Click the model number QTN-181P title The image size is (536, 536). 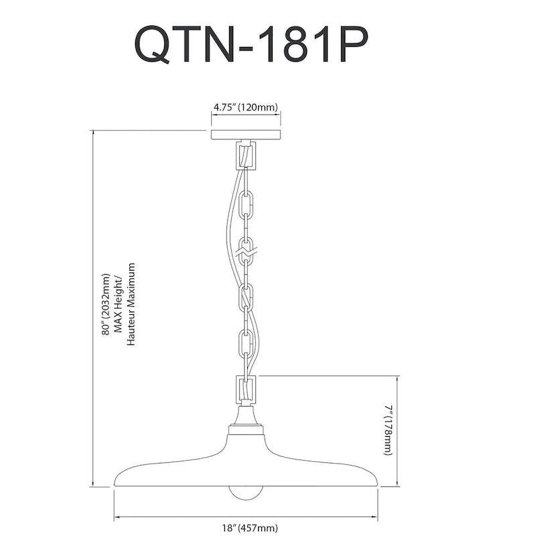[252, 44]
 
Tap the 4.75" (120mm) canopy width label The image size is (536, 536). [246, 107]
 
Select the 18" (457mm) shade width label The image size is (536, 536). [245, 528]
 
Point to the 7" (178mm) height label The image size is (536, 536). [388, 430]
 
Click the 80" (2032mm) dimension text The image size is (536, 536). [107, 304]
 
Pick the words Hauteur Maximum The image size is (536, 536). [131, 304]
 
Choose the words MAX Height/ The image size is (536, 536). [119, 304]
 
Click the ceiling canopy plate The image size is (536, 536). [246, 135]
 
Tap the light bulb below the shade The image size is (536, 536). [246, 493]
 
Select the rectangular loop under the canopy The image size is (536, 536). [246, 156]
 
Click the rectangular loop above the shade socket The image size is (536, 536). [246, 390]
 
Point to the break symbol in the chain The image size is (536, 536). [247, 253]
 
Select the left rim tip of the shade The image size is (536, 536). [114, 484]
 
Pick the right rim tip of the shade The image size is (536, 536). [377, 484]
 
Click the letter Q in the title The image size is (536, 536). [153, 44]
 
